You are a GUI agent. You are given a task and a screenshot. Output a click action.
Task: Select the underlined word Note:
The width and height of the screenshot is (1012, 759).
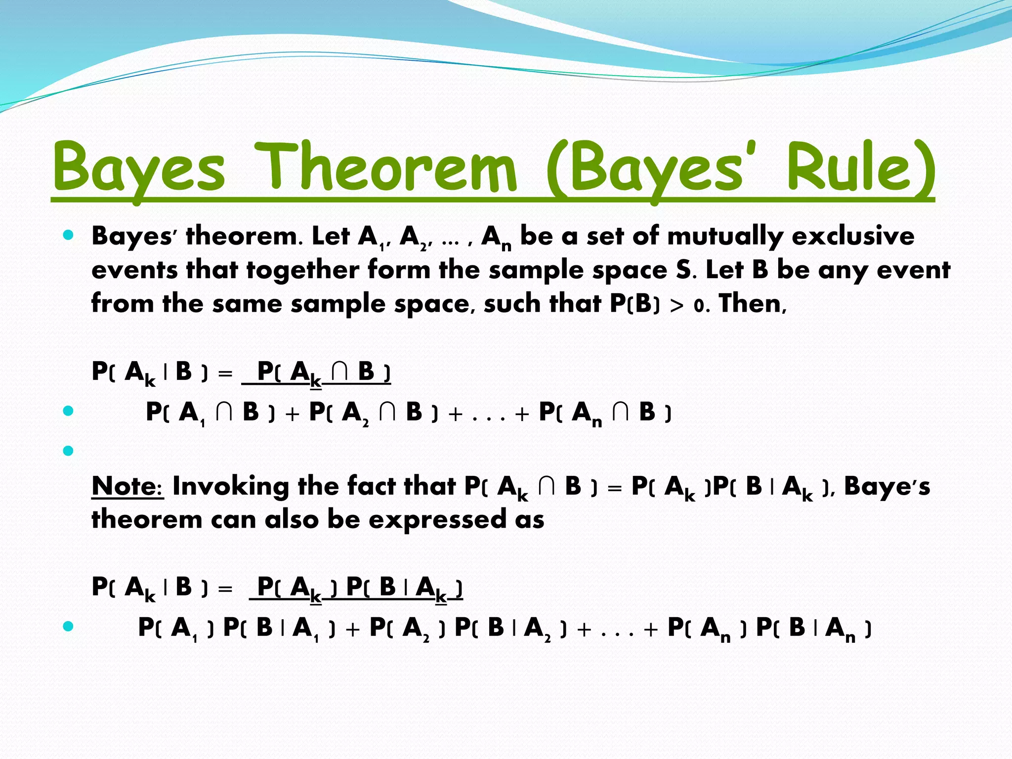(x=127, y=486)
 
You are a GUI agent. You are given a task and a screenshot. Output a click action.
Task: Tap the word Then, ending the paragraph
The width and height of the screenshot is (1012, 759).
(x=753, y=304)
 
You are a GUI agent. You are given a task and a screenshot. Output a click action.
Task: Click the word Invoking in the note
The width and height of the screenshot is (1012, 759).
(x=231, y=486)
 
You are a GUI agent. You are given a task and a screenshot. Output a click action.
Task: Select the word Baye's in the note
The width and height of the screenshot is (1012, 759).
(x=886, y=486)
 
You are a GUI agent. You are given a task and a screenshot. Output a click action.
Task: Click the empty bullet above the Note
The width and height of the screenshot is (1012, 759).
(x=69, y=451)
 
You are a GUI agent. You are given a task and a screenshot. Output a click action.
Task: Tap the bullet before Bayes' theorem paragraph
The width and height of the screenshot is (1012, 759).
(x=69, y=235)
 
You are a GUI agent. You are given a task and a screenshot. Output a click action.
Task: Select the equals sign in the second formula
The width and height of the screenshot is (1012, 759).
(x=225, y=589)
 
